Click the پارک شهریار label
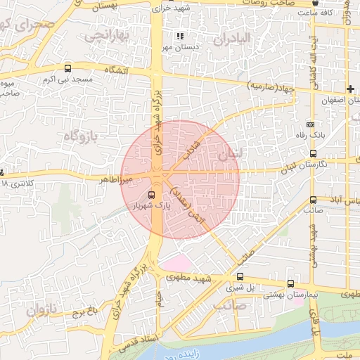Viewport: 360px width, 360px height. tap(153, 206)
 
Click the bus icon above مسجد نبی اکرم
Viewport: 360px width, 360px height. tap(67, 69)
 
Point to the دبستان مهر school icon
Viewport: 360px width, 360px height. tap(180, 35)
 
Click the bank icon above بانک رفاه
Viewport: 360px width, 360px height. tap(311, 124)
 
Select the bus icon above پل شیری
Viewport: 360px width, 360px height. tap(240, 277)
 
